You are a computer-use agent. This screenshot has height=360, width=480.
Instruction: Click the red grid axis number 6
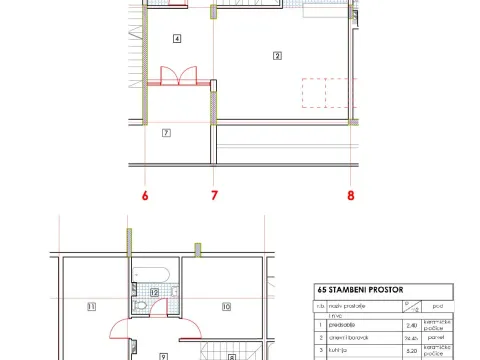pos(145,196)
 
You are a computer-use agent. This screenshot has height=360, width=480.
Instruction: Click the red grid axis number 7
pos(214,196)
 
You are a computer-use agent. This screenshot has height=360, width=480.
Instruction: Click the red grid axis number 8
pos(351,196)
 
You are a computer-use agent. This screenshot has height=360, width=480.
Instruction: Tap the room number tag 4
pos(177,39)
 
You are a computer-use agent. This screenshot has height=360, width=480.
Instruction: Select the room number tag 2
pos(277,56)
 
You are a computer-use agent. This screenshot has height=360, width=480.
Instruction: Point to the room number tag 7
pos(166,132)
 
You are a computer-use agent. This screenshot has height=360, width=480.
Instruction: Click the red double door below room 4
pos(177,78)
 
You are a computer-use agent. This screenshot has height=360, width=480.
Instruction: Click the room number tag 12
pos(154,292)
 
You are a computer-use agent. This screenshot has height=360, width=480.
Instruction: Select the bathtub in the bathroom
pos(155,275)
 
